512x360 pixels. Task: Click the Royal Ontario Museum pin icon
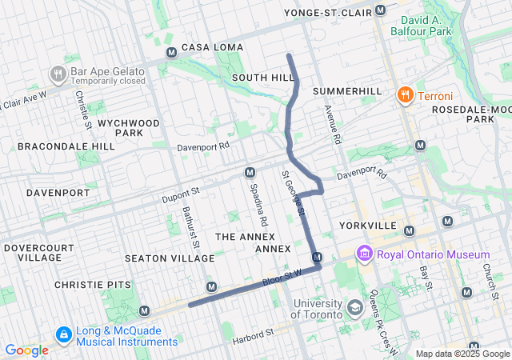pos(365,254)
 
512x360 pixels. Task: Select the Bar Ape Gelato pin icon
pos(58,74)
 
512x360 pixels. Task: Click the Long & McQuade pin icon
pos(62,334)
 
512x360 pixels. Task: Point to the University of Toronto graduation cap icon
pos(354,307)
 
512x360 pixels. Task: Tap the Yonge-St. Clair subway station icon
pos(380,11)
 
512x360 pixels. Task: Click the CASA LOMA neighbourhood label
pos(212,47)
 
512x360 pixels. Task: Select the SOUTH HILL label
pos(262,78)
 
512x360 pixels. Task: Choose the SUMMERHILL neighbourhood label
pos(348,91)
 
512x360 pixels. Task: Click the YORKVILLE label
pos(368,226)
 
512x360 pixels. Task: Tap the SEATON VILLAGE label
pos(170,258)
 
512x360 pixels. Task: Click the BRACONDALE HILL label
pos(66,147)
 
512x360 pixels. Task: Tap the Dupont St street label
pos(178,193)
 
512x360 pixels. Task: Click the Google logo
pos(26,350)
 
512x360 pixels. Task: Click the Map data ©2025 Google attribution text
pos(462,354)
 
